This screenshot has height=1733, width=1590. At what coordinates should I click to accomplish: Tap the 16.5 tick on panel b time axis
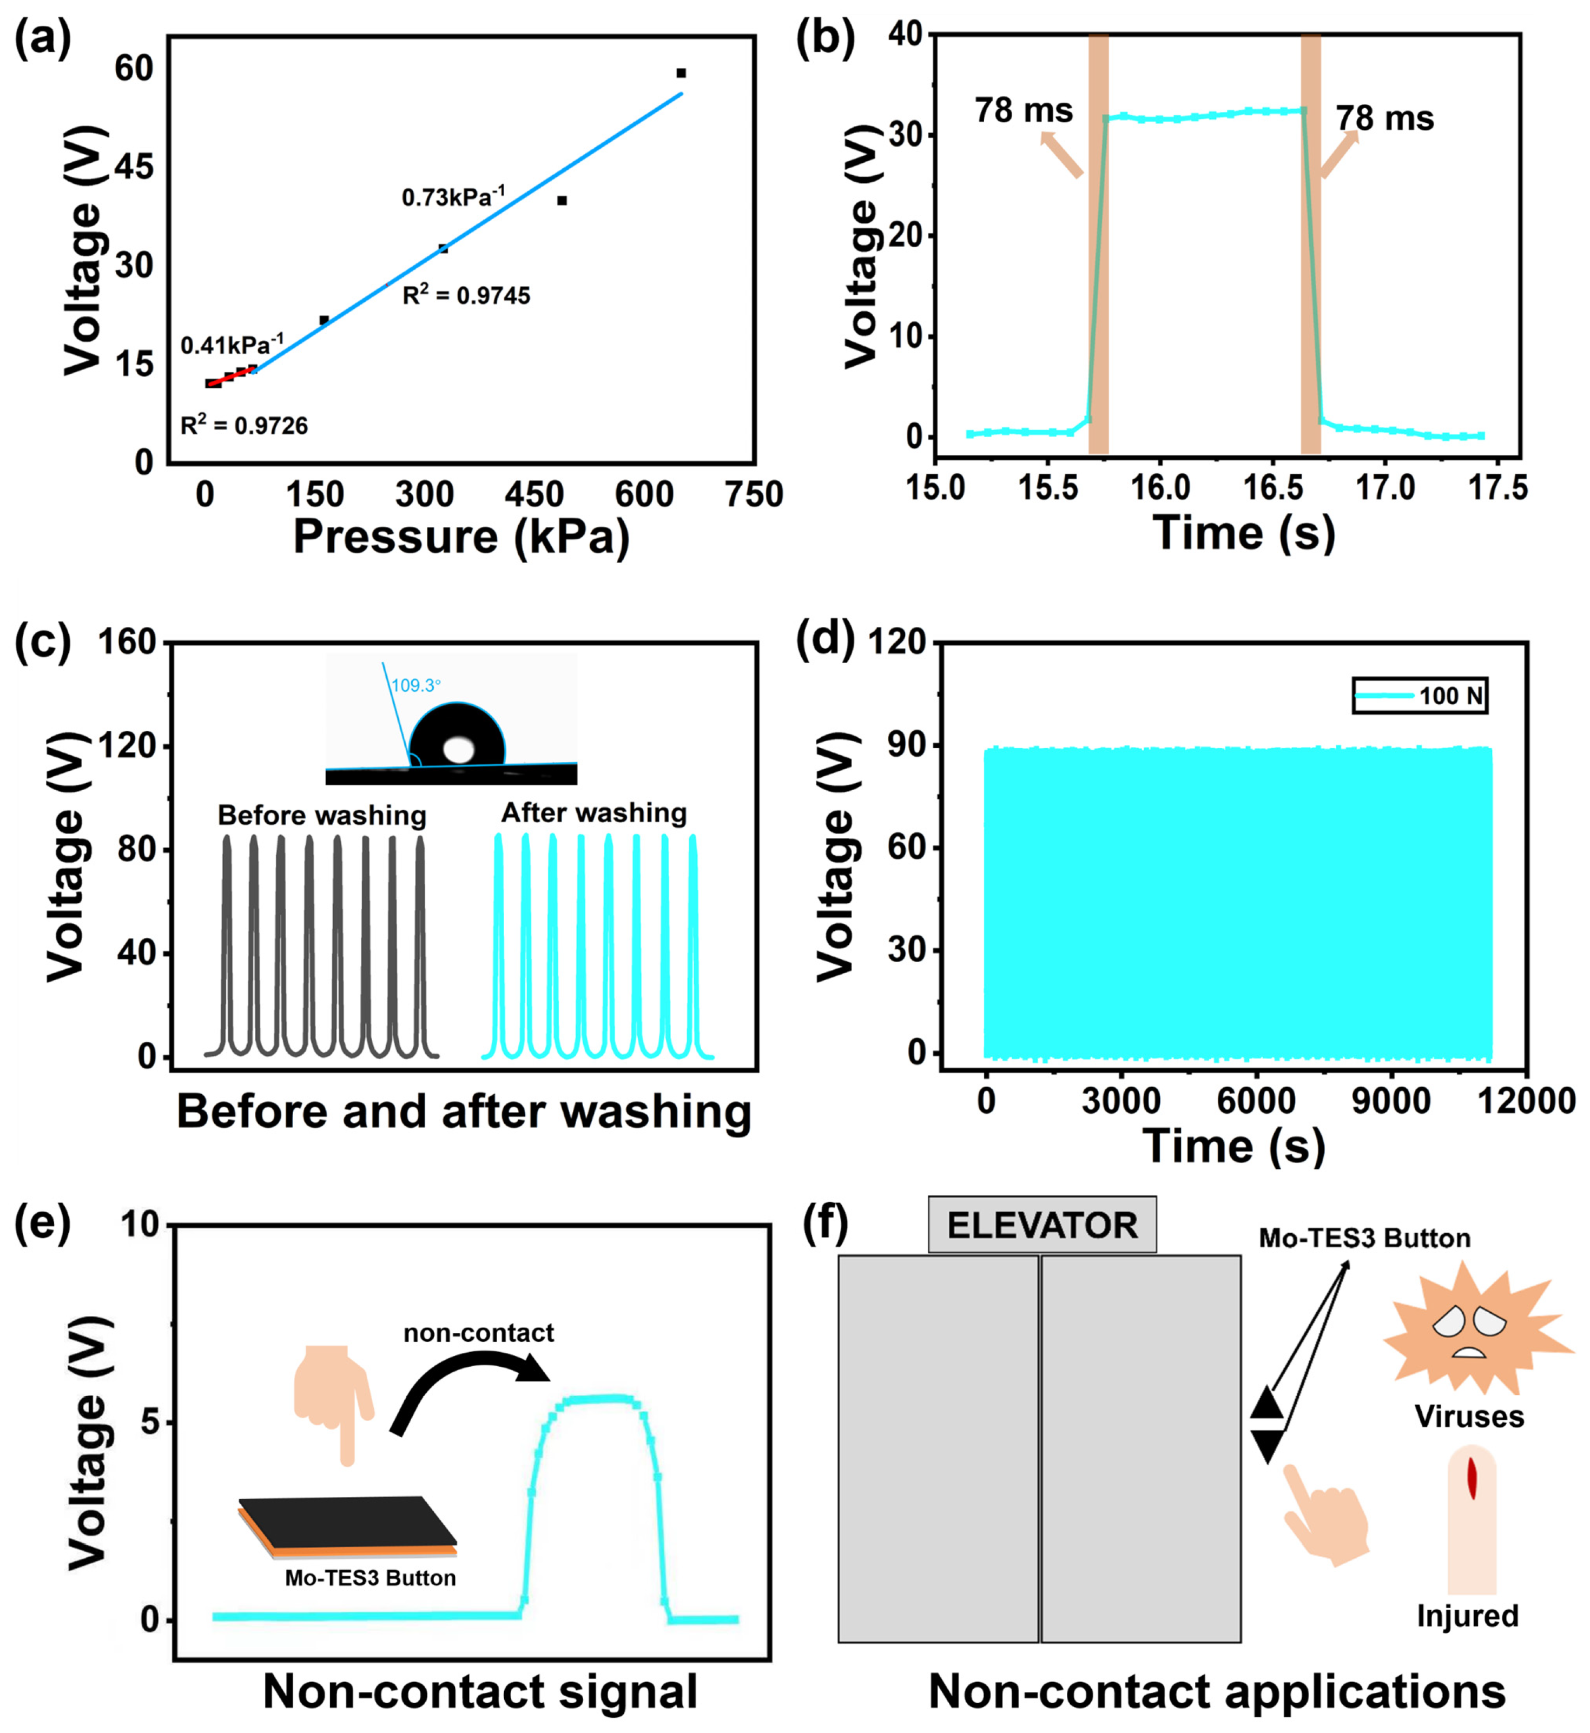click(x=1272, y=488)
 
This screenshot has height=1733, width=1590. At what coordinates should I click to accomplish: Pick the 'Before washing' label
click(x=322, y=815)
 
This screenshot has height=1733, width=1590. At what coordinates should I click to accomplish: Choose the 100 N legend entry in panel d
click(x=1420, y=696)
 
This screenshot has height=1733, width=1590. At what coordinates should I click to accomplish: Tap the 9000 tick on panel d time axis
click(x=1391, y=1101)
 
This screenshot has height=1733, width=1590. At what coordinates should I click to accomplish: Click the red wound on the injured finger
click(x=1472, y=1478)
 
